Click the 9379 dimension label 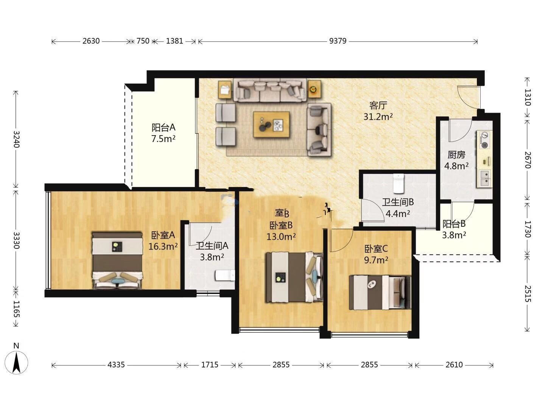338,41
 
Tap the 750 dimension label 143,41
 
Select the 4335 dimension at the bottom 116,365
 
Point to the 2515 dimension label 527,294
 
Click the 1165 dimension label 16,309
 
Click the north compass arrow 16,363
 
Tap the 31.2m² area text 378,117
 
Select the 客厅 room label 378,106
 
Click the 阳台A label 163,127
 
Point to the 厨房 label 456,155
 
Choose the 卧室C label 376,248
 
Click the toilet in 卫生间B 399,184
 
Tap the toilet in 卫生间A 225,275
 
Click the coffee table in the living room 271,125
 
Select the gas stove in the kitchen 484,140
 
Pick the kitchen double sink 484,178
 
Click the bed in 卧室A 117,261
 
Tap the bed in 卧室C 380,292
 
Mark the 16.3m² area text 163,246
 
